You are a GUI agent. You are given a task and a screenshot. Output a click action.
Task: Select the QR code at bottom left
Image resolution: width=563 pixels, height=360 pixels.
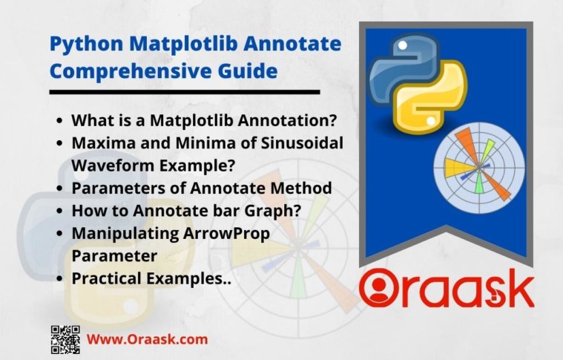[x=65, y=339]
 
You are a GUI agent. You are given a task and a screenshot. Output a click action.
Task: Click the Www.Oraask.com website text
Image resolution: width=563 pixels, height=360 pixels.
[x=148, y=339]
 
